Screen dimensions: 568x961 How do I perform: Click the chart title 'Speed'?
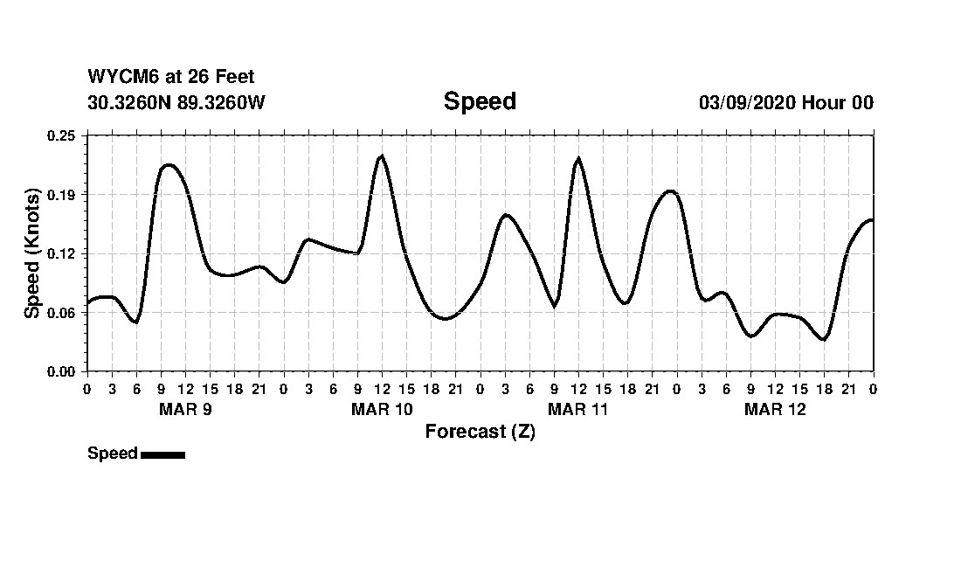[x=480, y=101]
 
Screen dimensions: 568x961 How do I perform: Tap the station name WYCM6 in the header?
[x=117, y=78]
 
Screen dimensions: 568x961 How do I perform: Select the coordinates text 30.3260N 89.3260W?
[x=176, y=102]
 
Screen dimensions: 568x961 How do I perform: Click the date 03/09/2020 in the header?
[x=746, y=103]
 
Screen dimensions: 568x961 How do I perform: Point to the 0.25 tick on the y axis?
[x=62, y=135]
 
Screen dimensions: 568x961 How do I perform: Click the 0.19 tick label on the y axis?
[x=62, y=194]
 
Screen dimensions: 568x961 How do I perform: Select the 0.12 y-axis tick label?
[x=62, y=253]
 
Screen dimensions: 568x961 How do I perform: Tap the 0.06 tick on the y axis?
[x=62, y=312]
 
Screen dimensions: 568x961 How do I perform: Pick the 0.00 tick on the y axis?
[x=62, y=371]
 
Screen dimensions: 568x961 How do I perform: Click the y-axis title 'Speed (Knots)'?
[x=32, y=253]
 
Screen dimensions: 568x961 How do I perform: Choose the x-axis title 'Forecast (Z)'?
[x=480, y=432]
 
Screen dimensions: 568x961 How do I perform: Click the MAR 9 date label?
[x=185, y=410]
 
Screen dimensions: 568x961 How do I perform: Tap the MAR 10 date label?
[x=382, y=410]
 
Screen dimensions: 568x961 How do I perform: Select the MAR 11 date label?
[x=578, y=410]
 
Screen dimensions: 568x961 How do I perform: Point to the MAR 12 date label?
[x=775, y=410]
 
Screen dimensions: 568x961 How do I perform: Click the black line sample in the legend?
[x=162, y=454]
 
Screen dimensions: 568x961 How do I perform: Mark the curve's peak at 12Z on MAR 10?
[x=382, y=156]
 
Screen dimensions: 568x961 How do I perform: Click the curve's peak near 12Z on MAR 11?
[x=578, y=159]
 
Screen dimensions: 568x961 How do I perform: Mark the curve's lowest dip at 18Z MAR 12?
[x=824, y=339]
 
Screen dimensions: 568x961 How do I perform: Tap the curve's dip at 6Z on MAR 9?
[x=135, y=322]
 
